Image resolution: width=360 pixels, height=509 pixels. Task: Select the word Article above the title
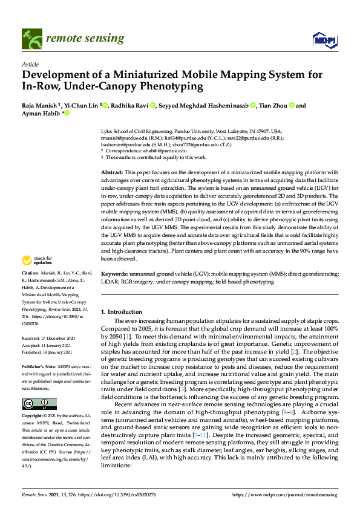click(x=30, y=63)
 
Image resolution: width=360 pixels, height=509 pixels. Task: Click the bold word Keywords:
click(x=115, y=274)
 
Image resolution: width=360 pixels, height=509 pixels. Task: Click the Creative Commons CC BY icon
click(x=39, y=404)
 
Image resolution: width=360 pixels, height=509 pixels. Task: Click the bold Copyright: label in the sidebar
click(x=34, y=417)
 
